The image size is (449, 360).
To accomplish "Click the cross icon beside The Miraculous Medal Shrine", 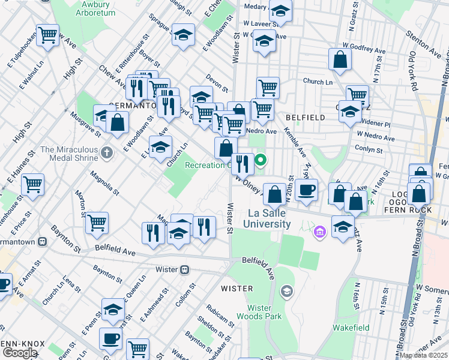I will (x=107, y=152).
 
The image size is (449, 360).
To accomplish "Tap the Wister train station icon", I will (x=187, y=269).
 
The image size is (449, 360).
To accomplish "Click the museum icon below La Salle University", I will (x=319, y=231).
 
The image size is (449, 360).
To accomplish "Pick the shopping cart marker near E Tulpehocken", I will (x=47, y=35).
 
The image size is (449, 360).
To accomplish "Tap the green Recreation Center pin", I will (x=261, y=160).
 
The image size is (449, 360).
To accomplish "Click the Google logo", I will (x=20, y=353).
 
